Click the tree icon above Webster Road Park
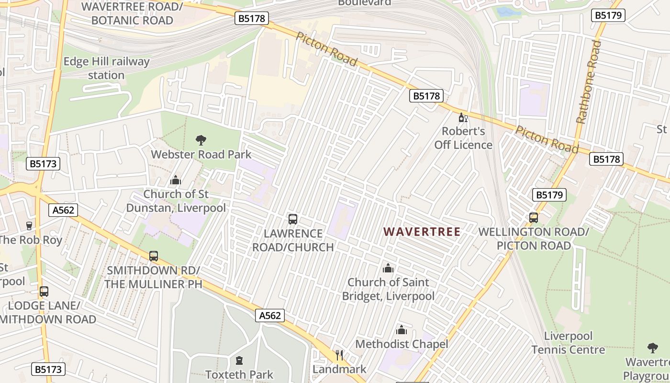click(x=201, y=140)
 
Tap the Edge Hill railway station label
click(x=106, y=68)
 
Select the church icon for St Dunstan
click(x=176, y=180)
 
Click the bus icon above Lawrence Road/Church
click(x=293, y=219)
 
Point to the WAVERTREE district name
click(x=422, y=232)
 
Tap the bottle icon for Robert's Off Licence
click(x=463, y=117)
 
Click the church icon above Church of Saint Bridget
click(x=388, y=268)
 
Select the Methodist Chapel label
click(x=402, y=344)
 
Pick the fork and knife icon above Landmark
click(x=339, y=355)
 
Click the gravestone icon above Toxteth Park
click(x=239, y=360)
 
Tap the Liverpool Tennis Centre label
click(x=568, y=343)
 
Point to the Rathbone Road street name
click(x=589, y=81)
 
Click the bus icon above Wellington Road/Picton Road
click(x=534, y=218)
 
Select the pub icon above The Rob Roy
click(x=29, y=225)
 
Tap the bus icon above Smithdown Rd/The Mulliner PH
click(x=154, y=256)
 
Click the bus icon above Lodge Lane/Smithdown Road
click(x=44, y=291)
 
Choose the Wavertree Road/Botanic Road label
click(x=132, y=13)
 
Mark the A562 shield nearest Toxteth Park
click(x=269, y=315)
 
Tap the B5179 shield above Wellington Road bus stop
click(x=549, y=195)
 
